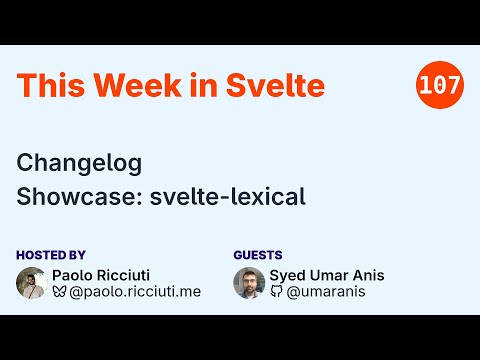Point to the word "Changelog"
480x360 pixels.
pyautogui.click(x=80, y=161)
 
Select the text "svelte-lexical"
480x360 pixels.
pyautogui.click(x=228, y=196)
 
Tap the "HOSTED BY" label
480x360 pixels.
pyautogui.click(x=51, y=255)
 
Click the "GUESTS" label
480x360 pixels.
pyautogui.click(x=258, y=255)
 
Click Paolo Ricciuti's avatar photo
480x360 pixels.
pyautogui.click(x=32, y=283)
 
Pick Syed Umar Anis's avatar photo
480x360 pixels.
pyautogui.click(x=249, y=283)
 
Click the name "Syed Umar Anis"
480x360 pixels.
pyautogui.click(x=327, y=275)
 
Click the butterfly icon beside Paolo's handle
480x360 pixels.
pyautogui.click(x=59, y=293)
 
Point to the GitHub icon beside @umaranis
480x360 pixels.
pyautogui.click(x=276, y=293)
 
